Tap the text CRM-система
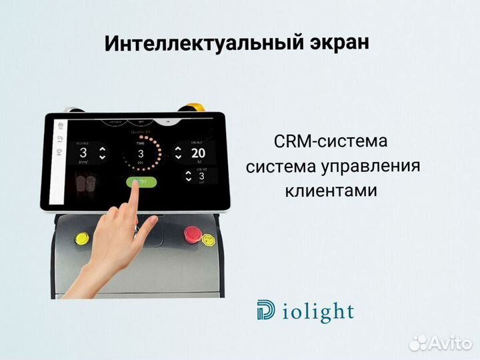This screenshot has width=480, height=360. tap(330, 142)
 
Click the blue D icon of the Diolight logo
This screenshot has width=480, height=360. tap(265, 310)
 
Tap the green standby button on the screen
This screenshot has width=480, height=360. tap(140, 181)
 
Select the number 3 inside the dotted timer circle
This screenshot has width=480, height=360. tap(141, 154)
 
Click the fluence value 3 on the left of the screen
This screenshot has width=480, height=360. tap(84, 152)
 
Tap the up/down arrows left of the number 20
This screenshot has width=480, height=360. tap(178, 153)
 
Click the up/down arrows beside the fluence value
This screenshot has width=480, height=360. tap(102, 153)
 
